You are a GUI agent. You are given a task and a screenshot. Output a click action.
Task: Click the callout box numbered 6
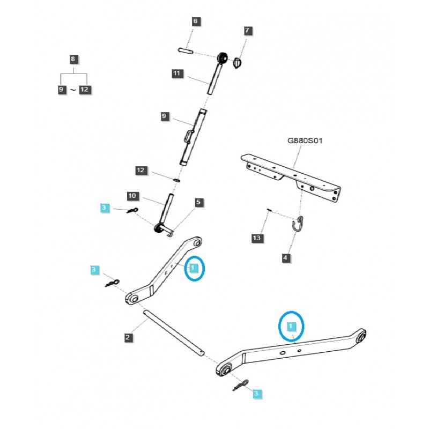[x=195, y=21]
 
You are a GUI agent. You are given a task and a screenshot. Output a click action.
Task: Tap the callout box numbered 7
[x=247, y=31]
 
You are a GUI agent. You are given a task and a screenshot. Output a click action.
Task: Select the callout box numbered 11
[x=177, y=73]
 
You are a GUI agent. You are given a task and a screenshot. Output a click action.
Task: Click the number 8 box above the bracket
[x=73, y=59]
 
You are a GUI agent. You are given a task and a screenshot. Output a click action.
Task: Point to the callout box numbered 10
[x=132, y=196]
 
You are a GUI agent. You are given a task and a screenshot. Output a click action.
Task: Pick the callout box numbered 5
[x=198, y=202]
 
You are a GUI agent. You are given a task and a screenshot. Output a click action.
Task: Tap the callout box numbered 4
[x=285, y=258]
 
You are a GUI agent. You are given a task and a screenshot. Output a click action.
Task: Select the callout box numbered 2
[x=128, y=337]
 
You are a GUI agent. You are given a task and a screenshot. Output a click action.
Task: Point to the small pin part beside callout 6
[x=185, y=50]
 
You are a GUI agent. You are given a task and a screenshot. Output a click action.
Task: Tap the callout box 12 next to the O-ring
[x=140, y=171]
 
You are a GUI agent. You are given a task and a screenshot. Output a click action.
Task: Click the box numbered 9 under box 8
[x=62, y=90]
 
